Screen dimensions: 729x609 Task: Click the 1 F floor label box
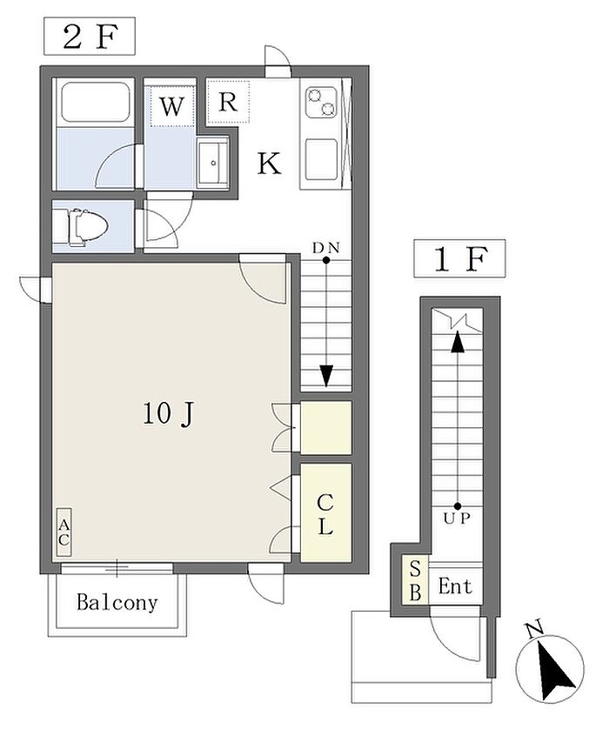click(x=458, y=258)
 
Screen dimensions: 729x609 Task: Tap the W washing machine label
click(x=172, y=108)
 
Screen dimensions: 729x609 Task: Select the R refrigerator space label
click(x=228, y=102)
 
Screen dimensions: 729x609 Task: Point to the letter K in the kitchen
click(x=269, y=164)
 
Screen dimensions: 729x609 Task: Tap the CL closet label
click(x=325, y=514)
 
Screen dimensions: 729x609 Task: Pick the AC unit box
click(x=64, y=531)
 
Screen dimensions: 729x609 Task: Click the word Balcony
click(x=117, y=602)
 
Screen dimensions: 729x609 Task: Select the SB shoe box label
click(x=415, y=580)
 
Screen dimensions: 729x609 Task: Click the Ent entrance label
click(x=454, y=586)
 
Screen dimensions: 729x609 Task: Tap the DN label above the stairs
click(x=326, y=249)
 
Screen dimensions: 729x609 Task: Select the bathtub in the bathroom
click(x=94, y=103)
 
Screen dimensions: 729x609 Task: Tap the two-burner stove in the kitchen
click(x=321, y=103)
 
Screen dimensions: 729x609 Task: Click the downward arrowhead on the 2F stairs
click(x=326, y=376)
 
